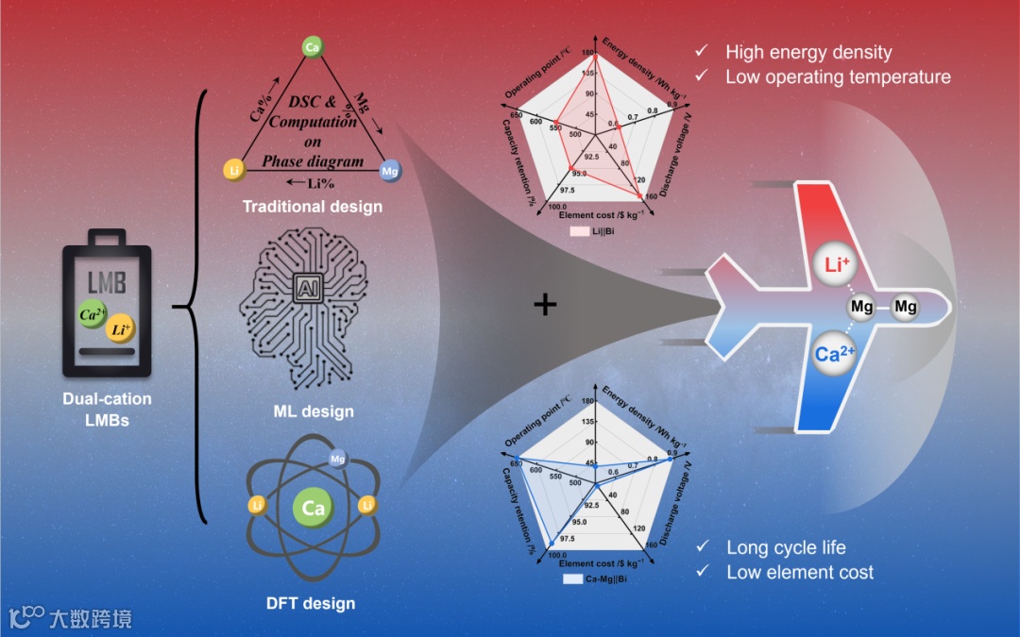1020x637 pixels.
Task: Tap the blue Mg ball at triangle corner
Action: [389, 171]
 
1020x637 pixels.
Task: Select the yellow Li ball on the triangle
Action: [234, 169]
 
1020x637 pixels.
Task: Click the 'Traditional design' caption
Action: [313, 206]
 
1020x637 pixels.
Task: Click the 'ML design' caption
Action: [313, 411]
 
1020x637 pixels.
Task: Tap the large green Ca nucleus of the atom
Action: [314, 509]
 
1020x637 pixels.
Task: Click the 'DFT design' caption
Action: [313, 602]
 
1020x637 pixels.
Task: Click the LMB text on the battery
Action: [107, 282]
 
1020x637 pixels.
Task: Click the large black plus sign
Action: [545, 304]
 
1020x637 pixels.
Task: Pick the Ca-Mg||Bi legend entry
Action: [596, 578]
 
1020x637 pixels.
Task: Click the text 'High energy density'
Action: [807, 53]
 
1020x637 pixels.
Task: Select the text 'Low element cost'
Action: [800, 572]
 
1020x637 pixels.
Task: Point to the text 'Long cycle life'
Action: [786, 547]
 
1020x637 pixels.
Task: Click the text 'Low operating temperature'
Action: [838, 76]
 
